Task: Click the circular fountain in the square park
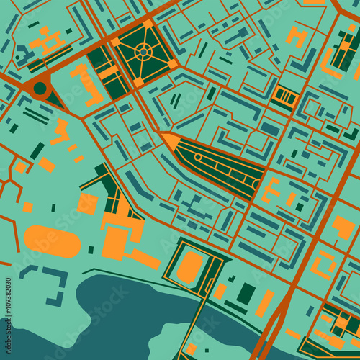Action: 143,51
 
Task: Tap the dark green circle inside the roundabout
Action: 40,89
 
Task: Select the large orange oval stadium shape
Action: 53,240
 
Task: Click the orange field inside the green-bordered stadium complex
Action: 190,266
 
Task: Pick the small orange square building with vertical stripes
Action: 285,96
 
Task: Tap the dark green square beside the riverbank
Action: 246,294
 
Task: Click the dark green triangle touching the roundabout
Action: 56,99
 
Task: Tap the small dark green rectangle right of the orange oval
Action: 91,249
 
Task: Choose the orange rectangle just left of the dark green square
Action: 220,291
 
